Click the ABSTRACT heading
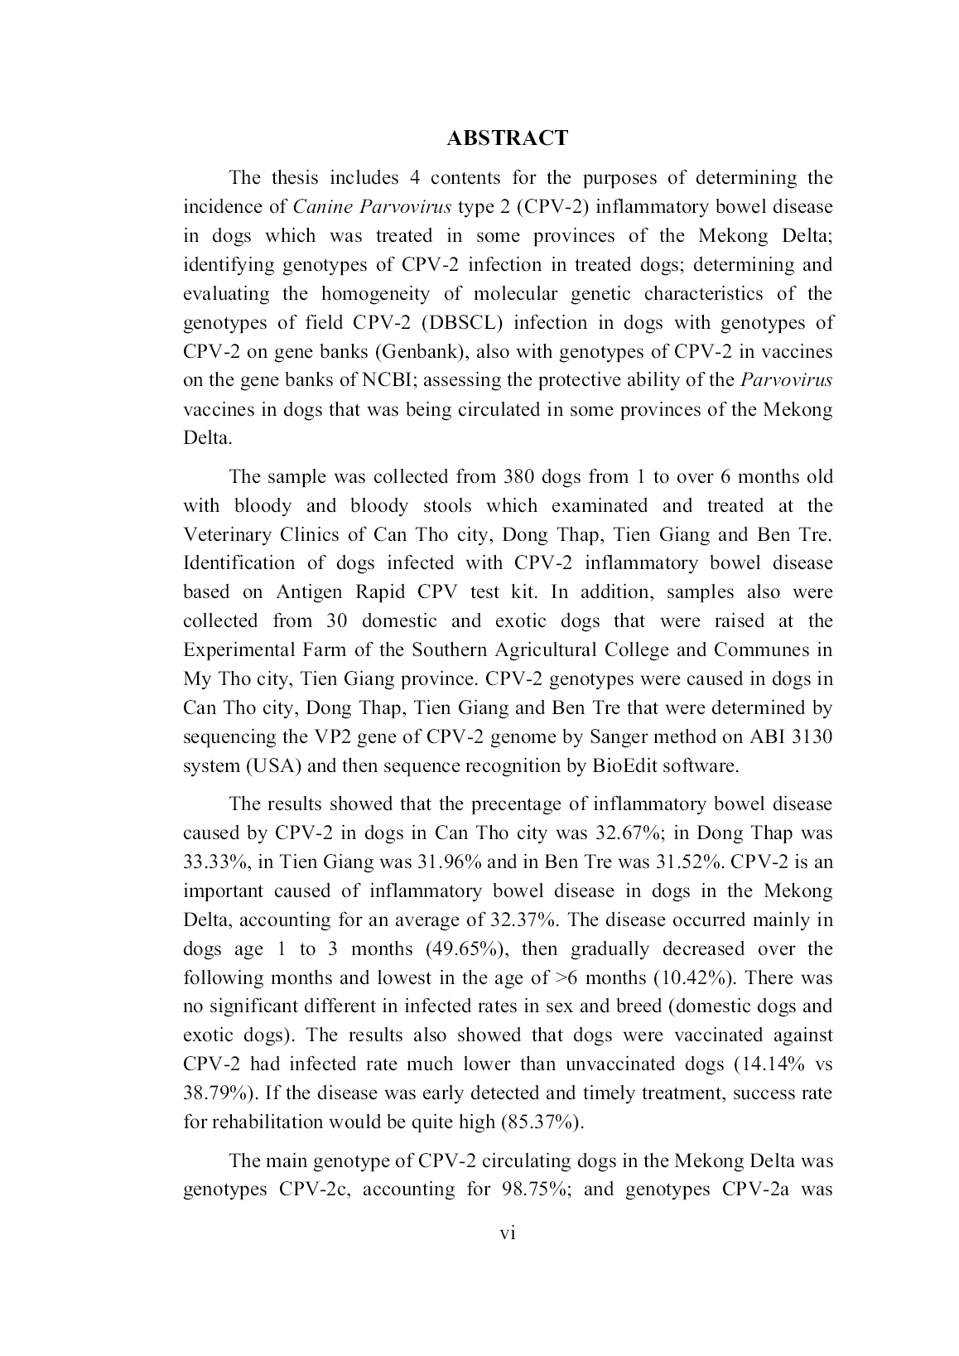[508, 138]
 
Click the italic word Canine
[324, 207]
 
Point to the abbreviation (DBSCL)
[456, 323]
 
